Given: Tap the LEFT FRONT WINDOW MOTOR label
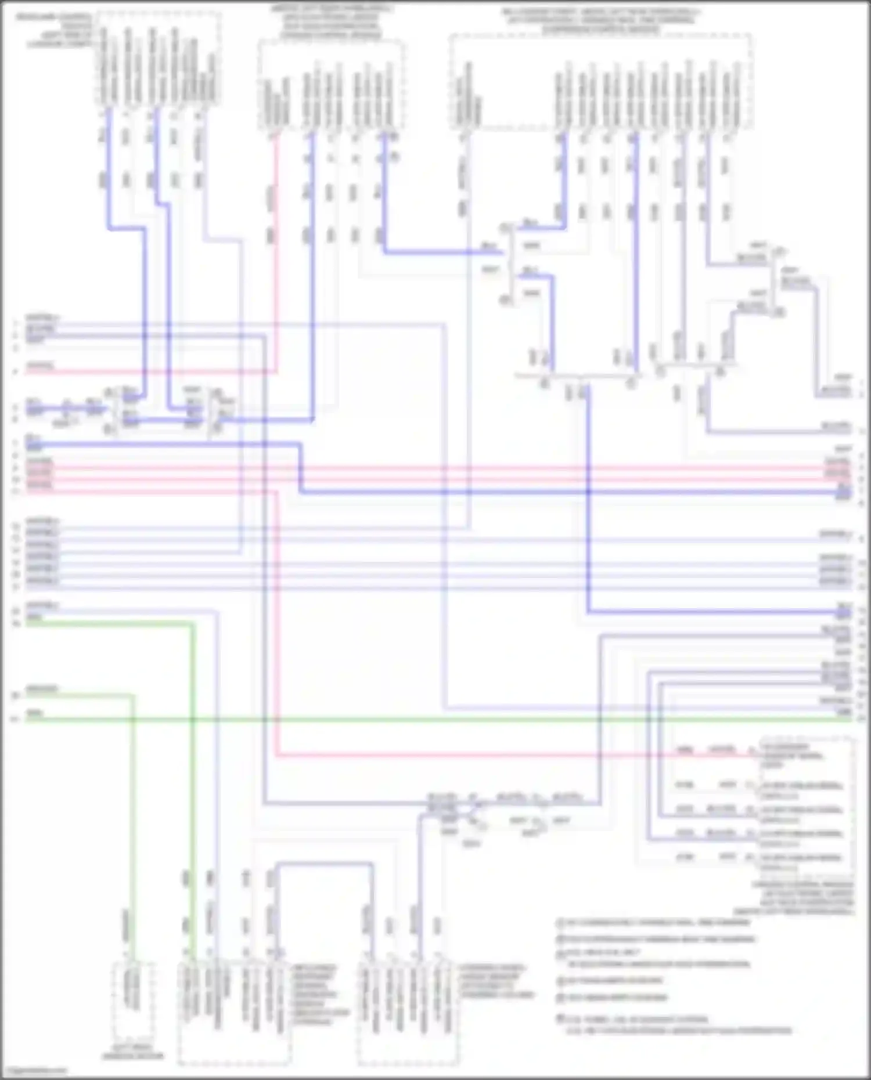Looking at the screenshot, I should click(x=133, y=1052).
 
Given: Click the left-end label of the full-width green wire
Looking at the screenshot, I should click(x=35, y=714).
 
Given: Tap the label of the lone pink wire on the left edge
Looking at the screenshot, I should click(x=39, y=366).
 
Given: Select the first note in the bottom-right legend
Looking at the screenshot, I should click(x=653, y=922).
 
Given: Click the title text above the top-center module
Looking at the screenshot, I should click(x=331, y=22).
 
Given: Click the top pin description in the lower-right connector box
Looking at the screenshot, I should click(x=801, y=752).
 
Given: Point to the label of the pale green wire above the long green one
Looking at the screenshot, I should click(x=42, y=689).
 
